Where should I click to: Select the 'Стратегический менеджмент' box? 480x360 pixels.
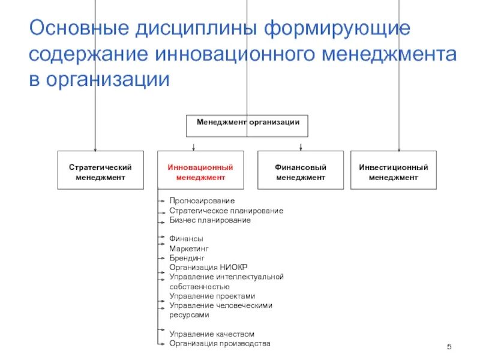(100, 172)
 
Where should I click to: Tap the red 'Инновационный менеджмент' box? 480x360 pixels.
(200, 172)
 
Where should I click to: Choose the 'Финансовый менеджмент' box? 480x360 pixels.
(301, 172)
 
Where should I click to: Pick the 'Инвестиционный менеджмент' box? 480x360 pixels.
(394, 172)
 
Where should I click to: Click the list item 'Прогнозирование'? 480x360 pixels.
(202, 200)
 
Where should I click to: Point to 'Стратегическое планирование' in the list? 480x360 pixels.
(226, 211)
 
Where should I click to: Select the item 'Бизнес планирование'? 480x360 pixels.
(209, 220)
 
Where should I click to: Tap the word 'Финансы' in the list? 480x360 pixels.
(186, 239)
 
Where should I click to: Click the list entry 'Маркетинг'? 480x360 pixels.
(189, 248)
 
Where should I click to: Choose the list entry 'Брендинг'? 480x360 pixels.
(187, 257)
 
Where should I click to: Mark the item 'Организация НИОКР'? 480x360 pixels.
(208, 267)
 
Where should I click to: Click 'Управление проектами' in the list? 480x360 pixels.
(212, 296)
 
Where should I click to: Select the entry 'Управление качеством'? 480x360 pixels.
(212, 334)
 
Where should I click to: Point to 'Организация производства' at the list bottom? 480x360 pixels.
(220, 343)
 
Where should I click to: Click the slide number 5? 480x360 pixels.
(449, 349)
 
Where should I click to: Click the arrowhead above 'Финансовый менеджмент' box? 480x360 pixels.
(301, 148)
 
